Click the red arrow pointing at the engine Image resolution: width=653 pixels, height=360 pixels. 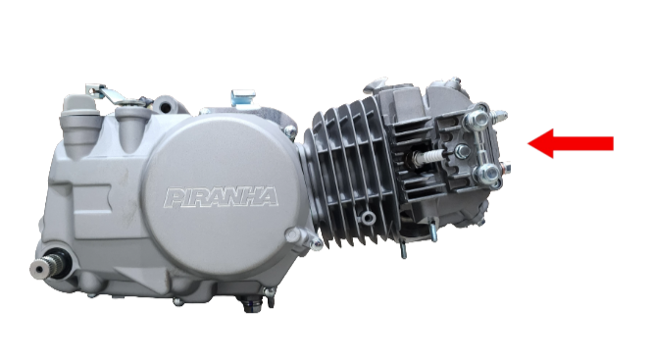pyautogui.click(x=571, y=143)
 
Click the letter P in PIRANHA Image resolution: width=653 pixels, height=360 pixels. pyautogui.click(x=175, y=198)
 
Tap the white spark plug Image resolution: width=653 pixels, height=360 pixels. pyautogui.click(x=427, y=157)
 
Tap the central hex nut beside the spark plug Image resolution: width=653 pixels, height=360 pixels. pyautogui.click(x=462, y=151)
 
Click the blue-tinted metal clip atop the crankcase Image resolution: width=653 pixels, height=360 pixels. pyautogui.click(x=243, y=97)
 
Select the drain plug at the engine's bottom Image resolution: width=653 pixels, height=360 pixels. pyautogui.click(x=252, y=305)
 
